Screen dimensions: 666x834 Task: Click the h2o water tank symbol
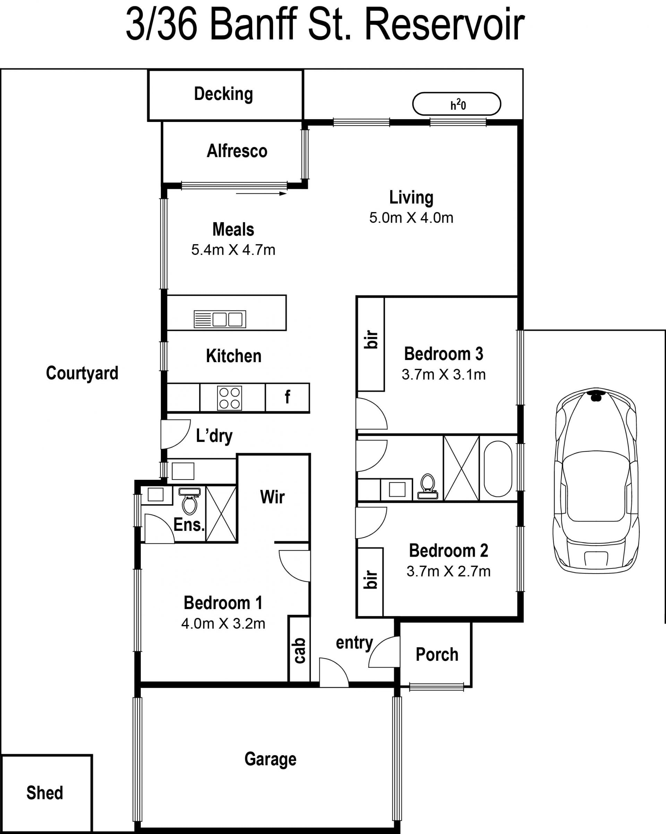pos(456,104)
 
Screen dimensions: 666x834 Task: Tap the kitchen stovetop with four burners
pos(230,398)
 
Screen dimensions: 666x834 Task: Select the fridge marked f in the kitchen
pos(287,398)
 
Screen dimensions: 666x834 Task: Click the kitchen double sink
pos(220,319)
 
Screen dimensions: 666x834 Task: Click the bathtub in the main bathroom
pos(498,469)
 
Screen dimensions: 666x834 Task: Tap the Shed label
pos(44,793)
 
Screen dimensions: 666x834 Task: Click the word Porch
pos(437,654)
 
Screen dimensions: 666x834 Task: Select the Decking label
pos(223,94)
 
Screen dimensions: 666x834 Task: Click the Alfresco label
pos(237,150)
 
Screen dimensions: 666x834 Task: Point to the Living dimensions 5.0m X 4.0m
pos(411,218)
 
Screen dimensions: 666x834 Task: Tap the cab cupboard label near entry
pos(300,651)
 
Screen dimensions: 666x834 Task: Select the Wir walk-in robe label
pos(273,497)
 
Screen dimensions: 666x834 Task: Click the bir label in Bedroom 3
pos(371,340)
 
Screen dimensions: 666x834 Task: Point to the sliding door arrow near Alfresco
pos(261,193)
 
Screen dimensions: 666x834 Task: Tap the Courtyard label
pos(82,373)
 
